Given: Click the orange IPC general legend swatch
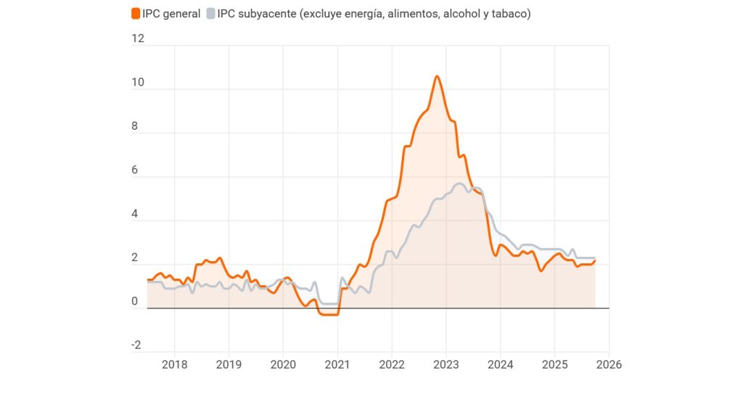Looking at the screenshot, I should [x=136, y=14].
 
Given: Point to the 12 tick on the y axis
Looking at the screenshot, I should [x=138, y=39].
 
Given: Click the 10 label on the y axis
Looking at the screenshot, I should [x=138, y=83].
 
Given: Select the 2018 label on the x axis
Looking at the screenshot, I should [x=174, y=364].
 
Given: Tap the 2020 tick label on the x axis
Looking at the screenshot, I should [x=283, y=364].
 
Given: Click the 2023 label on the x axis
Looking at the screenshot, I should [x=446, y=364].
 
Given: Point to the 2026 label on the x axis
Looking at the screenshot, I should [x=609, y=364].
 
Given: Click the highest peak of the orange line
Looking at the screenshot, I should [x=437, y=76].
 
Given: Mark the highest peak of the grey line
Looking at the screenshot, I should [x=459, y=184].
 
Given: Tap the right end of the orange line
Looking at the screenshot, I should [x=595, y=261].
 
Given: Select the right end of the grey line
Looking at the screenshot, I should [x=595, y=258].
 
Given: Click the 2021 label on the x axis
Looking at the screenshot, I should [x=337, y=364].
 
